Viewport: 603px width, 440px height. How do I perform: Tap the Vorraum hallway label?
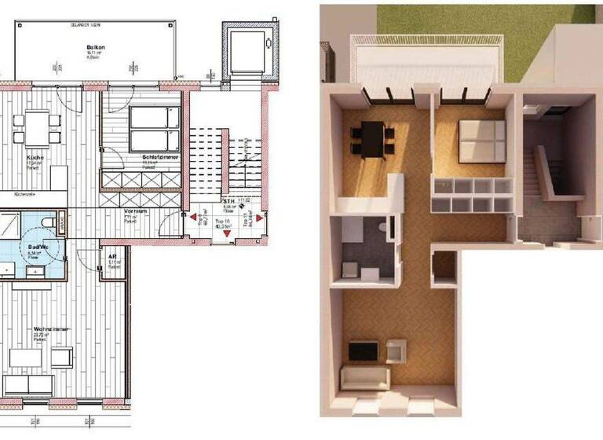(x=137, y=211)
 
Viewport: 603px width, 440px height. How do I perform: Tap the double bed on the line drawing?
(x=149, y=129)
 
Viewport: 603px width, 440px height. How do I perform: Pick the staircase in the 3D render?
(x=546, y=173)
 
